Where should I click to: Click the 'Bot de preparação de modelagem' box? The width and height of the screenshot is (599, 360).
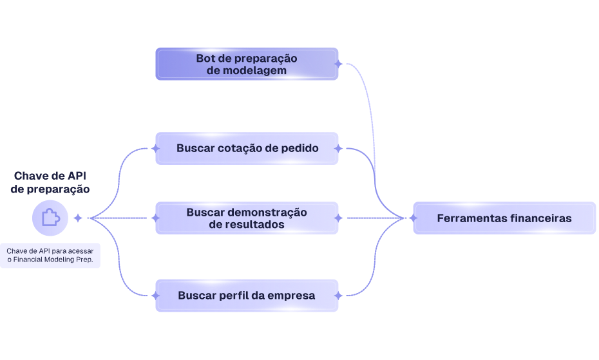[x=247, y=64]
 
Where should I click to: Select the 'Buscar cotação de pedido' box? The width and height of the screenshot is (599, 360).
[x=247, y=148]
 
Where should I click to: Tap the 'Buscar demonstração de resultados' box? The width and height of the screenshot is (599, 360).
[x=247, y=218]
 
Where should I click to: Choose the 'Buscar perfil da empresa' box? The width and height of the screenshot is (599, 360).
[x=247, y=296]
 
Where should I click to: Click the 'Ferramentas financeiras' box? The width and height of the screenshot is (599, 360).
[x=504, y=218]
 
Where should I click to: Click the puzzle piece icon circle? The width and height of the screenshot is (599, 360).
[x=50, y=218]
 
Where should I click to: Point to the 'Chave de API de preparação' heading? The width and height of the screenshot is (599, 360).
[x=50, y=182]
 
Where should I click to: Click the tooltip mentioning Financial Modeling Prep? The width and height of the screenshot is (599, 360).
[x=50, y=255]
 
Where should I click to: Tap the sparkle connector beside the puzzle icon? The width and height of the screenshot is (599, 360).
[x=78, y=218]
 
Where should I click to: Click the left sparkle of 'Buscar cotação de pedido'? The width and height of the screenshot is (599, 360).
[x=155, y=148]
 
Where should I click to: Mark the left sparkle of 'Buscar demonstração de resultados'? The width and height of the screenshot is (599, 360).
[x=155, y=218]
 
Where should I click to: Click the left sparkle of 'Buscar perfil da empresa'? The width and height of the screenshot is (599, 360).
[x=155, y=296]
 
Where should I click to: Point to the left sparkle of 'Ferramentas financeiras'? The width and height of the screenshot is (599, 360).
[x=413, y=218]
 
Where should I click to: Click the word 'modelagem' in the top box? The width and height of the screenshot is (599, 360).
[x=256, y=70]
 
